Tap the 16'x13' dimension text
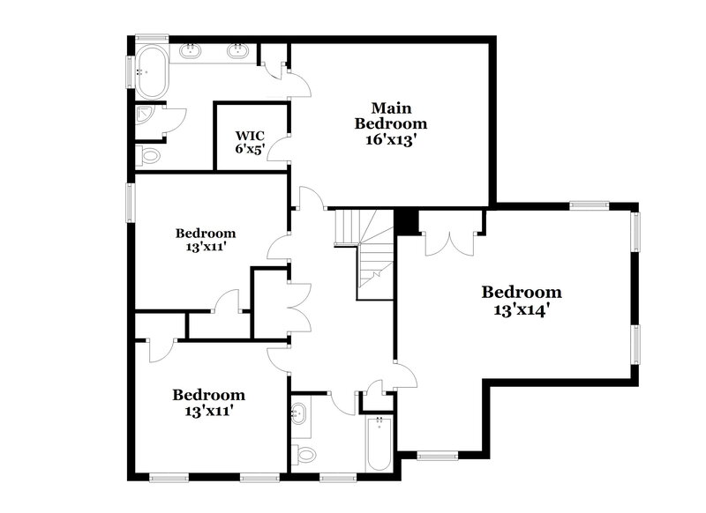click(x=390, y=138)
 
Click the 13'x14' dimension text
click(x=522, y=310)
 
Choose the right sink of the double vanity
click(x=237, y=51)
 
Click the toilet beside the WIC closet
click(x=150, y=157)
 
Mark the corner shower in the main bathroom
click(x=146, y=115)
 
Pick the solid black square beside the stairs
click(x=406, y=220)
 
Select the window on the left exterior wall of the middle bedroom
click(x=131, y=201)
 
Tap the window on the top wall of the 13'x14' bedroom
click(x=589, y=206)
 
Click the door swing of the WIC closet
click(x=279, y=146)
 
